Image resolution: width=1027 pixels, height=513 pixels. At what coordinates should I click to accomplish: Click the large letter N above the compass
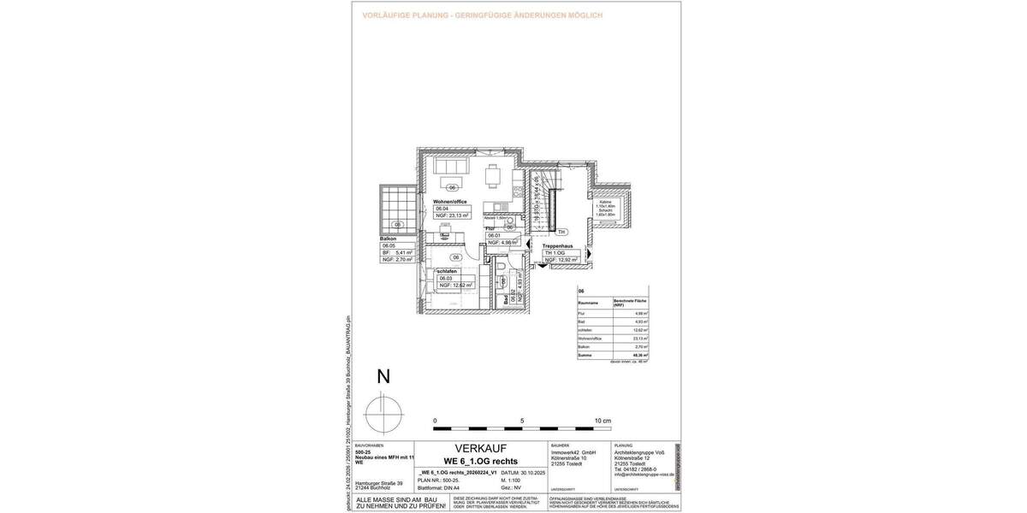(x=383, y=377)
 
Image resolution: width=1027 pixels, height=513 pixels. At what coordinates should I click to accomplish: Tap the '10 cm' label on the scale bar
(x=603, y=422)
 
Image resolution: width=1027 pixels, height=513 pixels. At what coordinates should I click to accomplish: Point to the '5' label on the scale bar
(x=522, y=422)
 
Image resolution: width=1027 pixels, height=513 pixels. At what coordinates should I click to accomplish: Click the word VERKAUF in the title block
(x=480, y=449)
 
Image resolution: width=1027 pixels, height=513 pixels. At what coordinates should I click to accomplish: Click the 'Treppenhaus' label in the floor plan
(x=562, y=246)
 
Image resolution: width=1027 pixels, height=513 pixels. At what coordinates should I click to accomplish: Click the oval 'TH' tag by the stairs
(x=561, y=232)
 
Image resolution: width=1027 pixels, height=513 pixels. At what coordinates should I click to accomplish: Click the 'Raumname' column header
(x=588, y=304)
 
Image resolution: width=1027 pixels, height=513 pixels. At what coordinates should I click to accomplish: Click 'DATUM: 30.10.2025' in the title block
(x=521, y=472)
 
